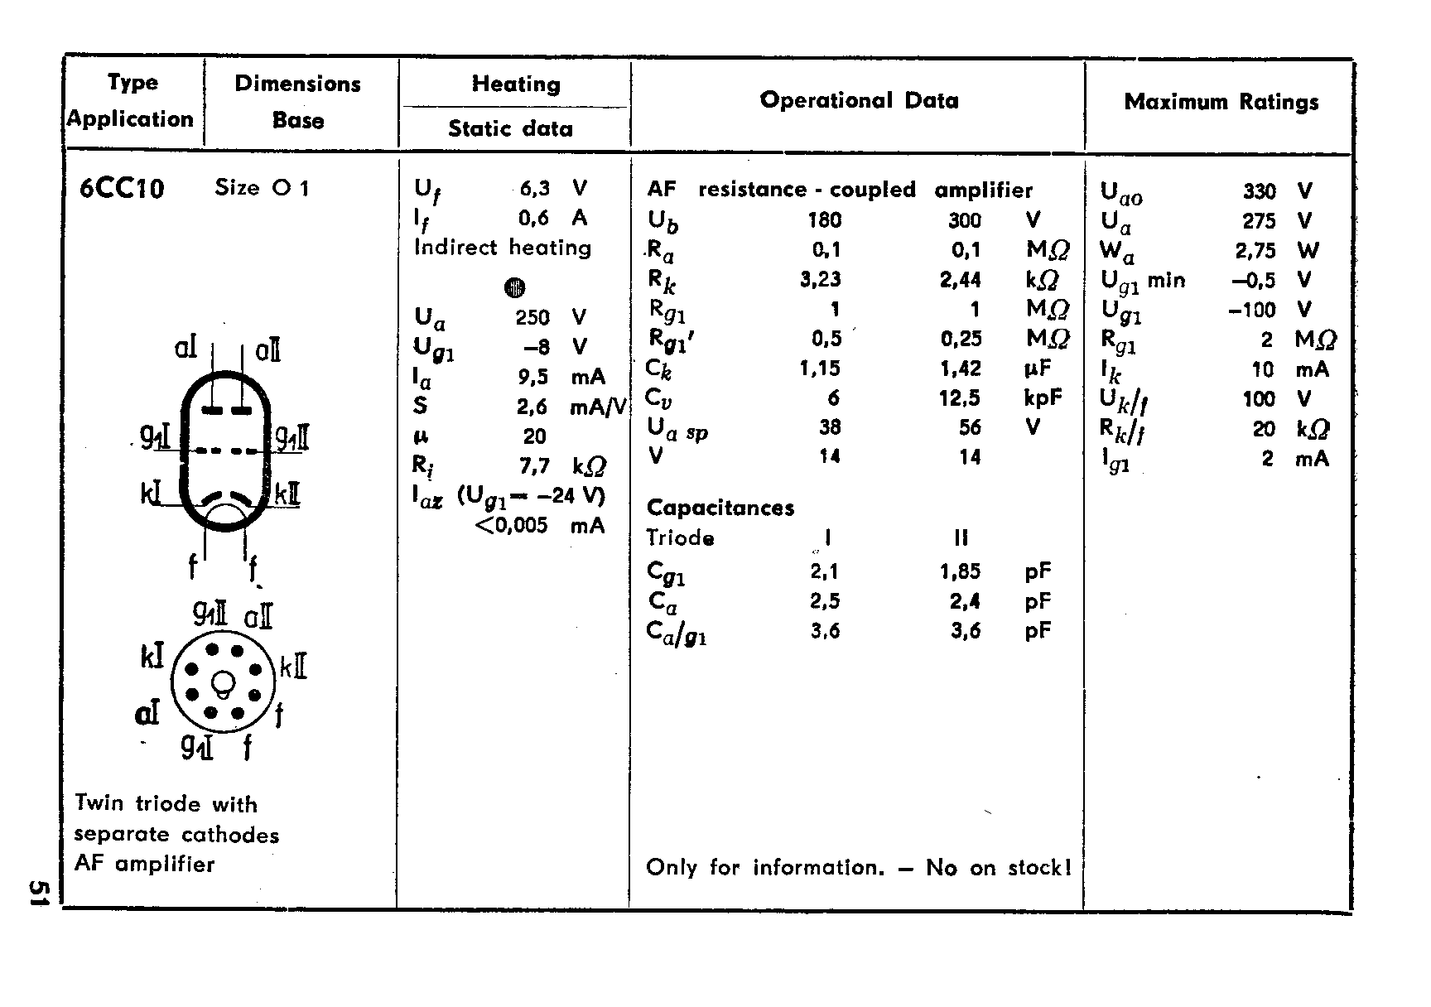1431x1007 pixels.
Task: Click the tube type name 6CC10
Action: (x=122, y=190)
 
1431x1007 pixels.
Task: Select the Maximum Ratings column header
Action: (x=1221, y=102)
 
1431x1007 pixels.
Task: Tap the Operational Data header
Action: (x=859, y=100)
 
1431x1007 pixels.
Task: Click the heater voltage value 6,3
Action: (x=534, y=189)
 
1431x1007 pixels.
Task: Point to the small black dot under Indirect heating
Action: (x=514, y=287)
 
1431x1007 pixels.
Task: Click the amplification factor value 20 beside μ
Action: (x=534, y=436)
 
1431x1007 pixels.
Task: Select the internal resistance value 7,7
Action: (x=534, y=466)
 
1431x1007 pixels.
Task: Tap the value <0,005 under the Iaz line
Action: (x=512, y=525)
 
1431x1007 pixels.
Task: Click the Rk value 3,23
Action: (x=821, y=279)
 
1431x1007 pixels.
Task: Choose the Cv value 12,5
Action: (x=960, y=398)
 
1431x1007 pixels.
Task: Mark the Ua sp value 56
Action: (x=970, y=427)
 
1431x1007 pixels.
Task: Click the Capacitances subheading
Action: (x=720, y=508)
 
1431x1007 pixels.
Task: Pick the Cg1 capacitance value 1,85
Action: (x=960, y=571)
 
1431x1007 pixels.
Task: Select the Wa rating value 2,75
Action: (x=1255, y=251)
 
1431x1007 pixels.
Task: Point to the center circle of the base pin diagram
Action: (x=223, y=683)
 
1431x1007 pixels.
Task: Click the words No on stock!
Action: (x=999, y=868)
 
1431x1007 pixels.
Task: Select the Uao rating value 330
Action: (x=1259, y=191)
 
